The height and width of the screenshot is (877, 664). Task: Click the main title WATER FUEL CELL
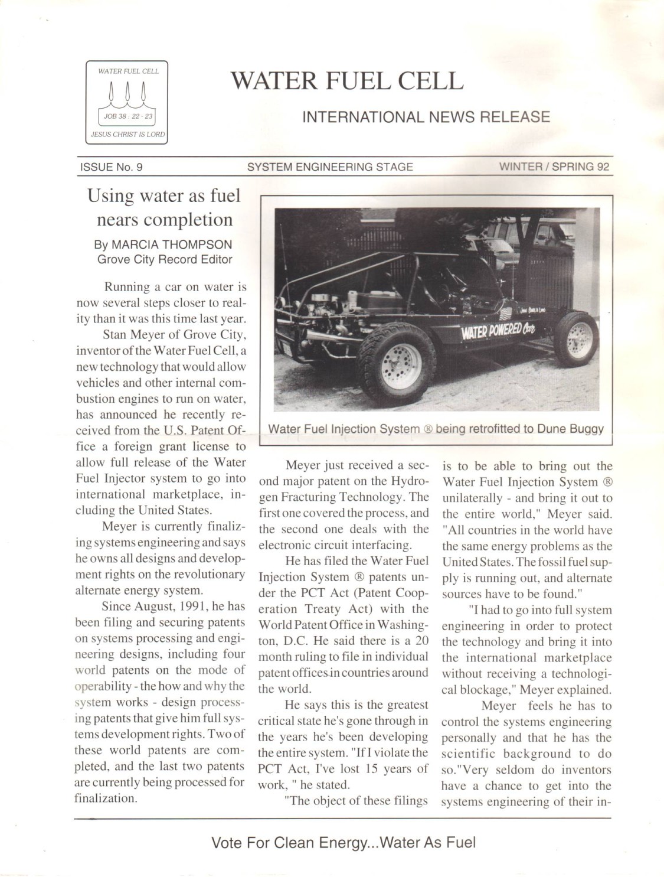pyautogui.click(x=347, y=81)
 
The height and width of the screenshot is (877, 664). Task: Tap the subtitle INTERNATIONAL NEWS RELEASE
pyautogui.click(x=426, y=117)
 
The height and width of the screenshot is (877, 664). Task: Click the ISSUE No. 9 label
pyautogui.click(x=111, y=167)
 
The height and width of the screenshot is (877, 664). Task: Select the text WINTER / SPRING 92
pyautogui.click(x=554, y=167)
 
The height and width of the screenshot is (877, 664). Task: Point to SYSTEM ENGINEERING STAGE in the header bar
pyautogui.click(x=330, y=167)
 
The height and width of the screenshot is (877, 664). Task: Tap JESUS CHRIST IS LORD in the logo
pyautogui.click(x=127, y=135)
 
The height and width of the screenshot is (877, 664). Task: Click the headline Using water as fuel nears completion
pyautogui.click(x=164, y=207)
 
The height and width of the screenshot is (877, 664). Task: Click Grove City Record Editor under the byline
pyautogui.click(x=165, y=259)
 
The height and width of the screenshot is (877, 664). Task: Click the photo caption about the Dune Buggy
pyautogui.click(x=436, y=429)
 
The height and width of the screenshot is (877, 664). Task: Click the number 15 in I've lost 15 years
pyautogui.click(x=372, y=769)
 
